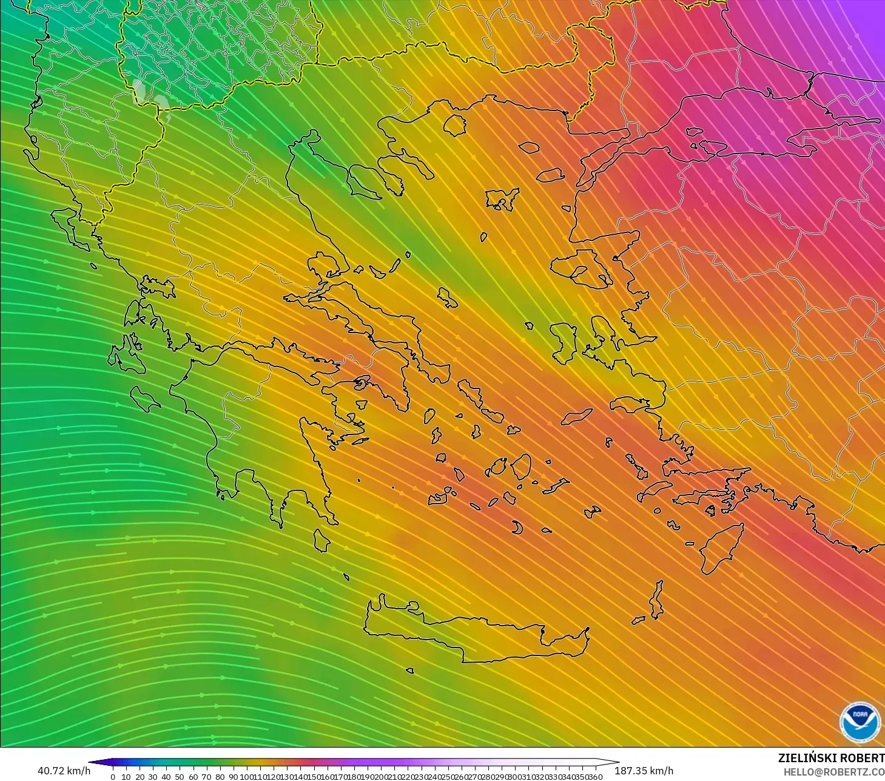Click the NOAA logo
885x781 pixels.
[860, 722]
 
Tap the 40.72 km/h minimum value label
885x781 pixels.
[64, 771]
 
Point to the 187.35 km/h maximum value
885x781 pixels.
[644, 771]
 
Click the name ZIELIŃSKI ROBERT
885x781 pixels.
[831, 759]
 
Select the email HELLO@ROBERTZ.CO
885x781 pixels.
[833, 772]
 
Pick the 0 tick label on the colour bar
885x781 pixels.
[113, 777]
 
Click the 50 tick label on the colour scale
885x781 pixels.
[180, 777]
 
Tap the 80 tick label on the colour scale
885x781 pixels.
[220, 777]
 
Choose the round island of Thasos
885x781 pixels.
[454, 125]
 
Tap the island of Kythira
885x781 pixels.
[321, 539]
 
